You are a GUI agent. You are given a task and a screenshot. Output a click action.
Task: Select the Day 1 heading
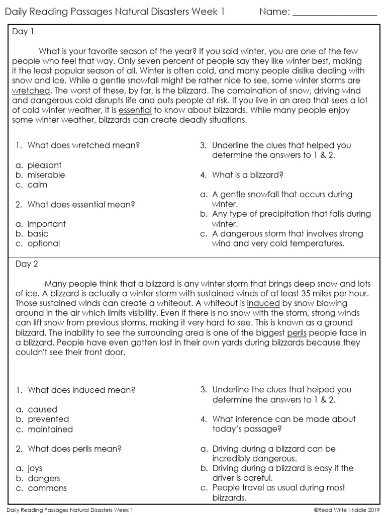pos(23,32)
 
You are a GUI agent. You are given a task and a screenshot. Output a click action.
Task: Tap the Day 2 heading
pos(24,264)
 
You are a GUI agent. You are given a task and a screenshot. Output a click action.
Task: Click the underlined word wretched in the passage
pos(31,91)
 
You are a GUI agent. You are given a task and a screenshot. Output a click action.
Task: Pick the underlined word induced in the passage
pos(263,303)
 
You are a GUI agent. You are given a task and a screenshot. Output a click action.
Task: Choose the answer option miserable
pos(46,175)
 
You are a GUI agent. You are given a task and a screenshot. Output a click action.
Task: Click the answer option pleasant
pos(45,165)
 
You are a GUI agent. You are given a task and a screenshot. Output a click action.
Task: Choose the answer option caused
pos(43,409)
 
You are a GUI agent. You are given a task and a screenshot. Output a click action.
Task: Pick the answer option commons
pos(47,488)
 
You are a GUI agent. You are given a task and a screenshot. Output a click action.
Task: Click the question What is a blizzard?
pos(248,175)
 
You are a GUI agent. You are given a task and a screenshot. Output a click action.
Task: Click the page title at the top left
pos(115,12)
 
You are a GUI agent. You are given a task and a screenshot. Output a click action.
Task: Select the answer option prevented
pos(48,419)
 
